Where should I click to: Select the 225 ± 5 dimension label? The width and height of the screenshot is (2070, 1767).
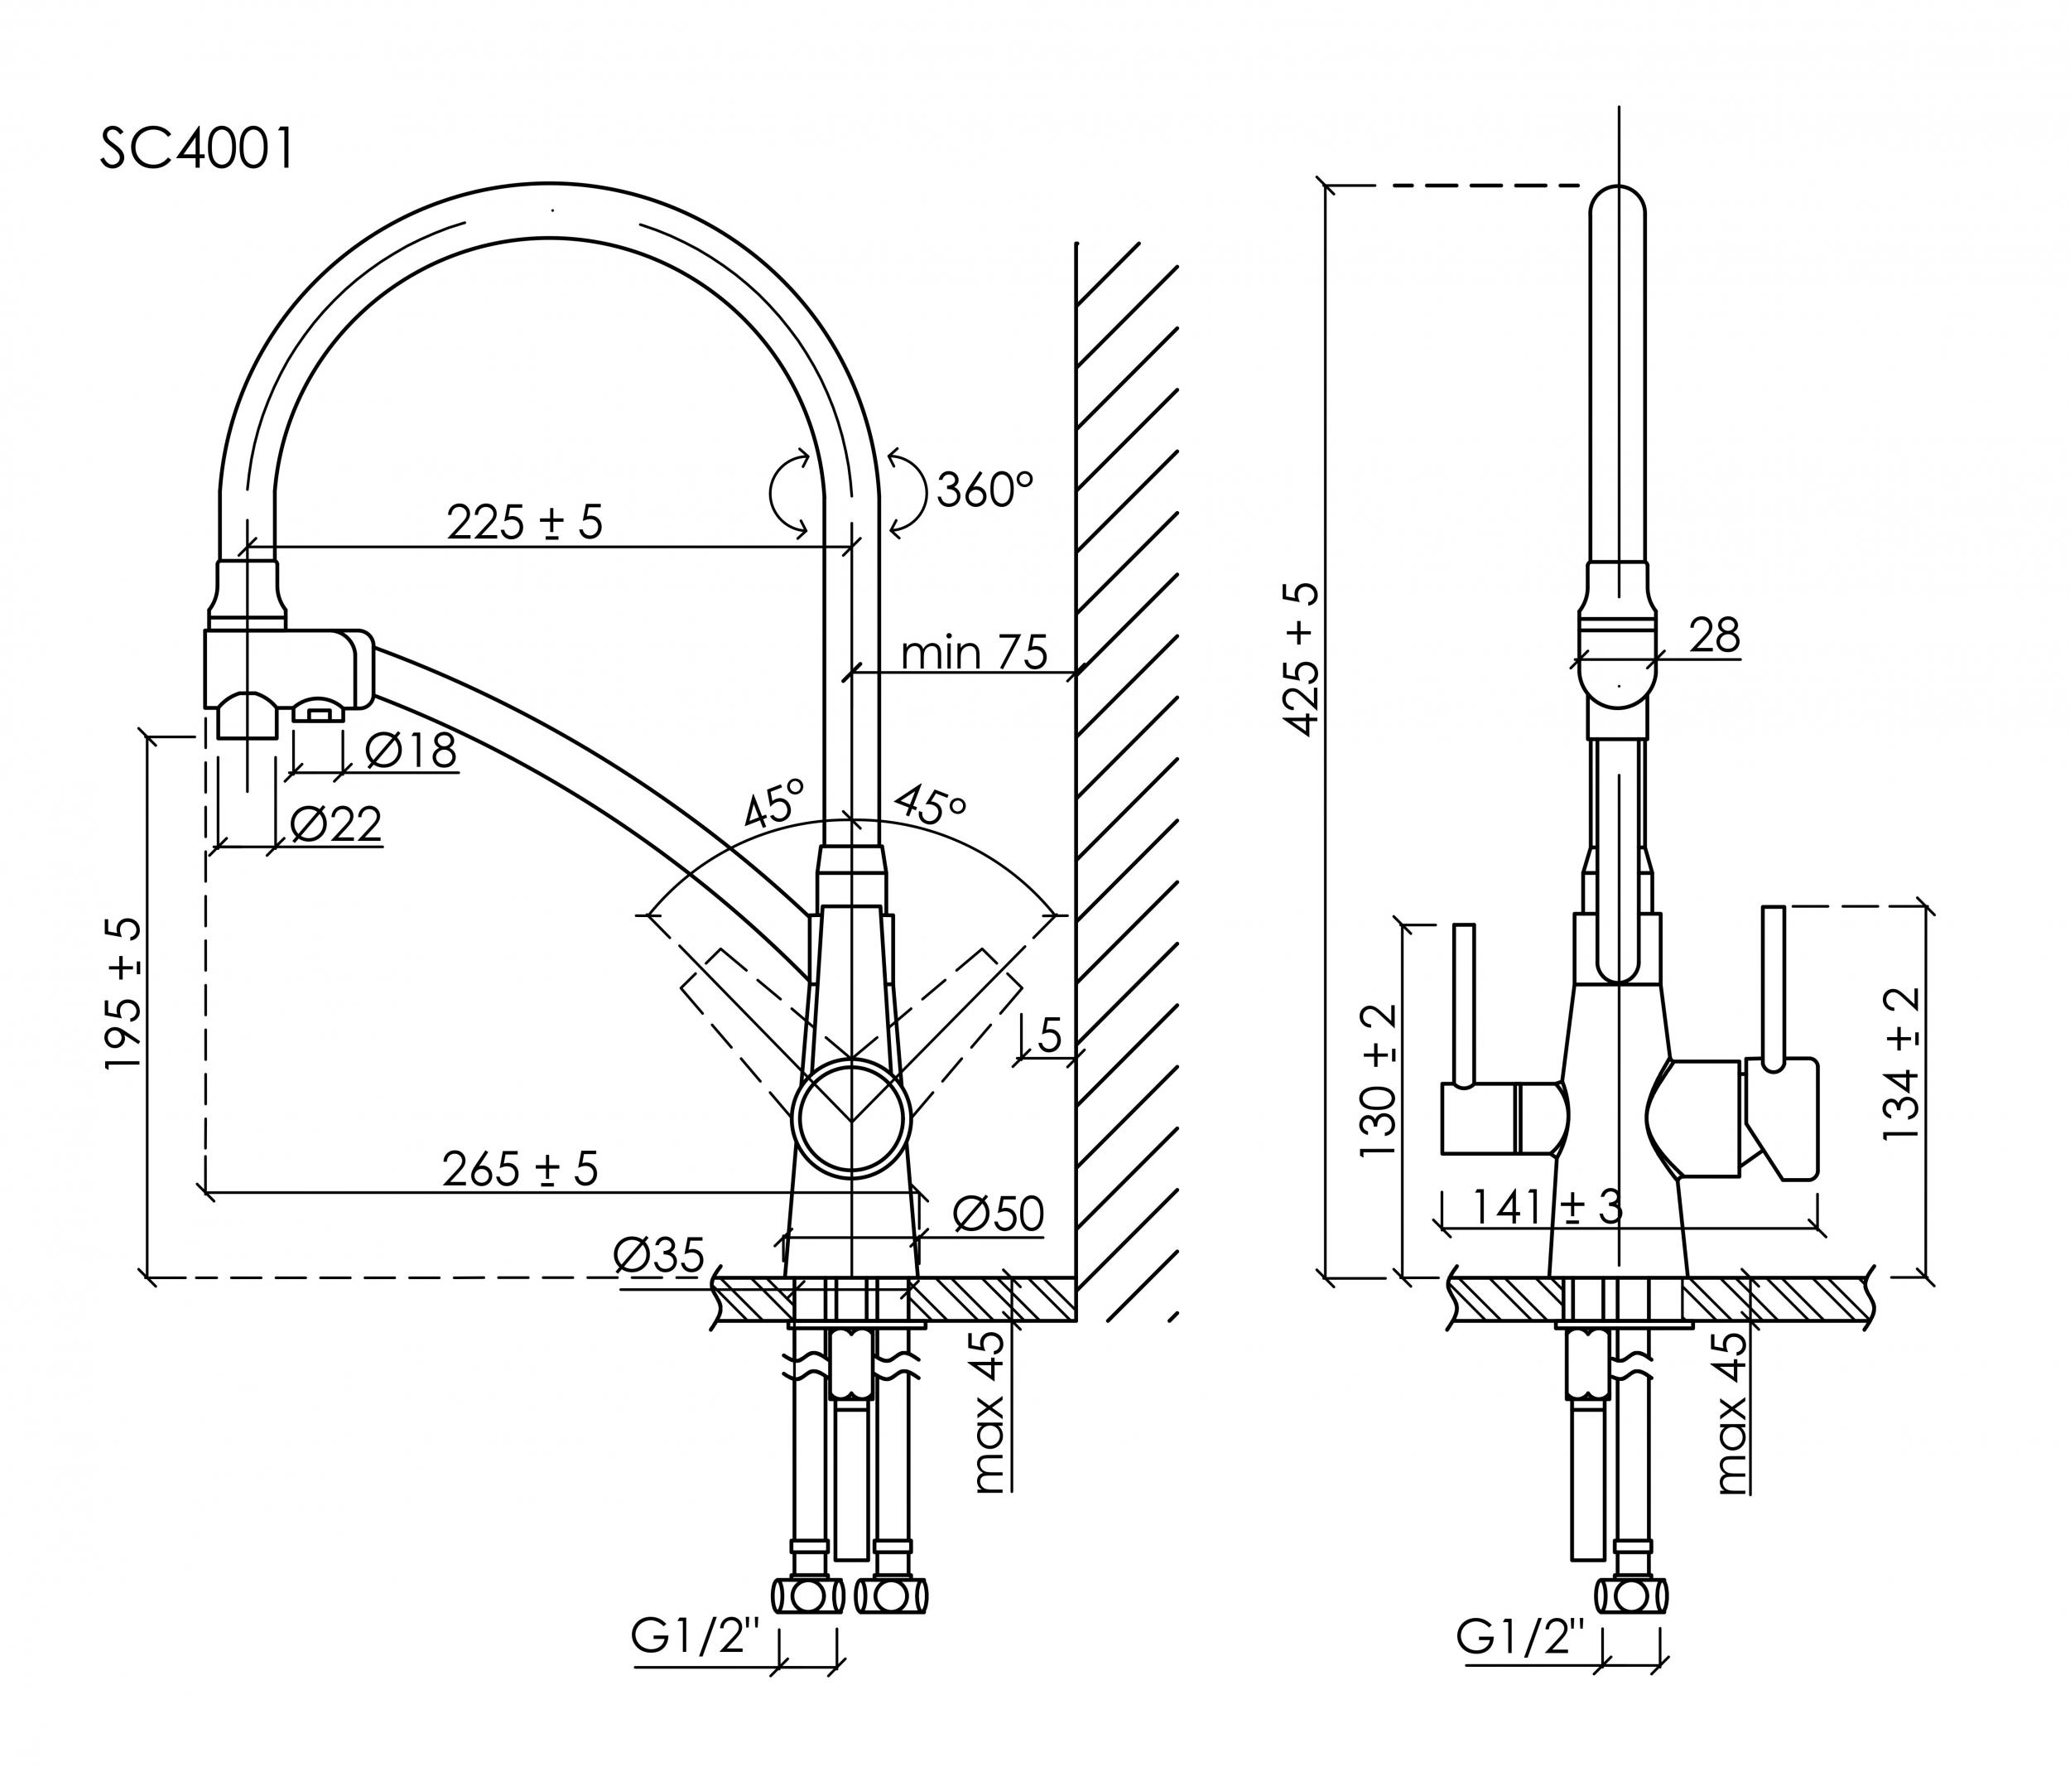coord(524,522)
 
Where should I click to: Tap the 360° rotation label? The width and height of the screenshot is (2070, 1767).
coord(984,489)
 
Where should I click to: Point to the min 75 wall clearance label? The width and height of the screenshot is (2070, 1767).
coord(974,653)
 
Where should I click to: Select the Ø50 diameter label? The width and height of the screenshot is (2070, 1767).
coord(997,1214)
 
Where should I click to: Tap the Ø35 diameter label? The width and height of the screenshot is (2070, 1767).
coord(659,1254)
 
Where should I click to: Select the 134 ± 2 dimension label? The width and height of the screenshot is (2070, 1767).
coord(1900,1064)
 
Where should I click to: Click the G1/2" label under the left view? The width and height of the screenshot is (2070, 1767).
coord(696,1638)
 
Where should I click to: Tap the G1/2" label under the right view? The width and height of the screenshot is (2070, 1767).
coord(1520,1638)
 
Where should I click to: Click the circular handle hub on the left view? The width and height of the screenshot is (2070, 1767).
coord(851,1118)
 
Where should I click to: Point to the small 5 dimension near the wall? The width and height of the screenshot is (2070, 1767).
coord(1049,1036)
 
